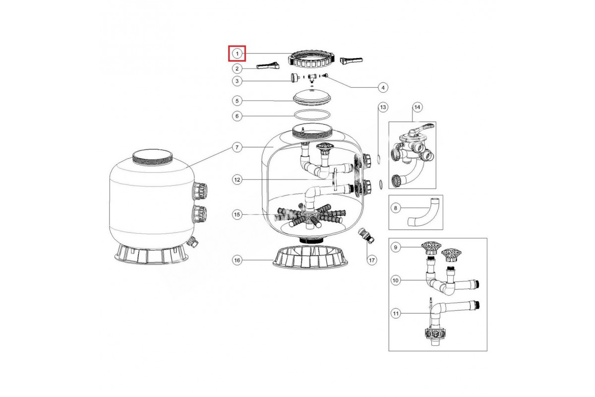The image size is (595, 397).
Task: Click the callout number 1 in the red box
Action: [x=237, y=54]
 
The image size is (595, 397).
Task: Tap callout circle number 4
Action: [x=383, y=87]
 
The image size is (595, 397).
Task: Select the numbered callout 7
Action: [x=237, y=147]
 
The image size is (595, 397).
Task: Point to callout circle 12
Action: [x=237, y=180]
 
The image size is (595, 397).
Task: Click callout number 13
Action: [x=383, y=107]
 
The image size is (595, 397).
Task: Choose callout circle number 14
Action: [x=417, y=107]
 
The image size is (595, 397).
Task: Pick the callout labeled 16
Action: [x=237, y=260]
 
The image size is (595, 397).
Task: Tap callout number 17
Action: [x=371, y=260]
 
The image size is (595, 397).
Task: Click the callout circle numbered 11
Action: [x=396, y=313]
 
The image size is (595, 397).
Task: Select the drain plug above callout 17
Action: [x=366, y=236]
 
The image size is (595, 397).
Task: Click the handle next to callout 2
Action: [x=268, y=66]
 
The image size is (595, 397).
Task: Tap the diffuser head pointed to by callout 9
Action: [x=431, y=248]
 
